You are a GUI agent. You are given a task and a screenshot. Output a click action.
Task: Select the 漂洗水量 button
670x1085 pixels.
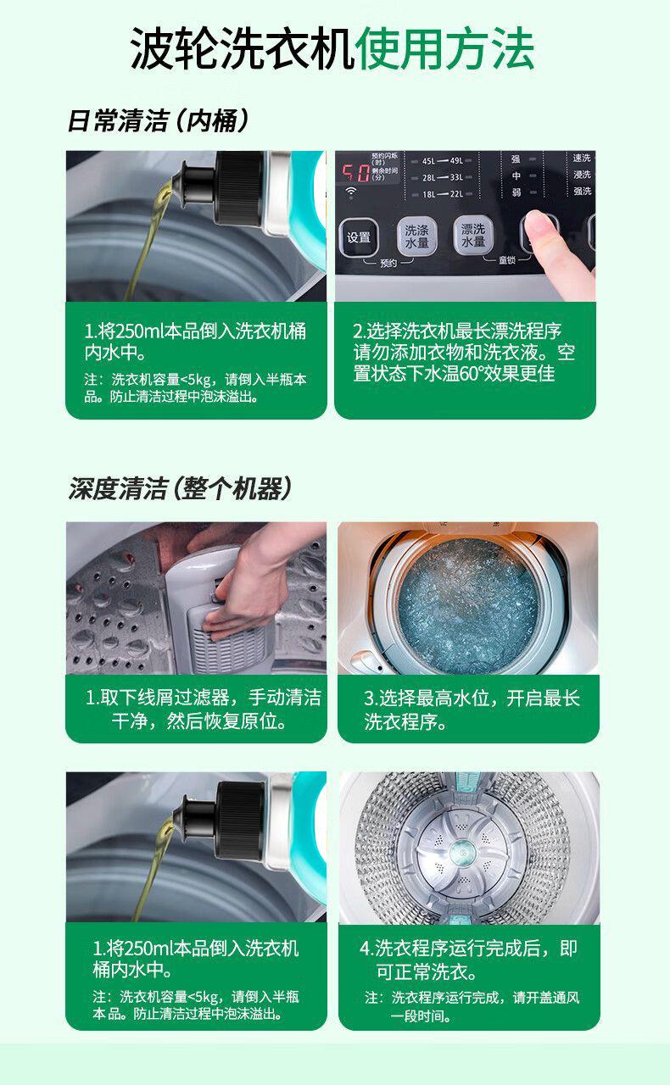[x=472, y=235]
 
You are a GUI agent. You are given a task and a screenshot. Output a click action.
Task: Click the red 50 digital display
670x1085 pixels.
[x=356, y=172]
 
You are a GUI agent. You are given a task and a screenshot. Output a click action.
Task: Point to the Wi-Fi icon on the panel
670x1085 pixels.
[x=351, y=192]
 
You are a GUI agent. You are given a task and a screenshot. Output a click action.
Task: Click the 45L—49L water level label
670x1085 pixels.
[x=442, y=160]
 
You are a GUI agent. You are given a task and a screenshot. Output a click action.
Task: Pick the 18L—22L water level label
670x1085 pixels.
[x=442, y=194]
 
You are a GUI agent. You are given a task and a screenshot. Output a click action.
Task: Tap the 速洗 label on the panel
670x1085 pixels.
[x=582, y=158]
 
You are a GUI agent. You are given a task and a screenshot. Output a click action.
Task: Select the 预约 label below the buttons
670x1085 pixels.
[x=388, y=263]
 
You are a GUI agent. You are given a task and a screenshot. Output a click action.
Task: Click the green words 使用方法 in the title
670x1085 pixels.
[x=444, y=48]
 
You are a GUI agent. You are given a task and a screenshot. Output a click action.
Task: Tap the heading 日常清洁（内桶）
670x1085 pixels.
[x=158, y=120]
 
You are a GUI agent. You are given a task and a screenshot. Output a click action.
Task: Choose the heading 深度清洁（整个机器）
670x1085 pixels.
[x=180, y=488]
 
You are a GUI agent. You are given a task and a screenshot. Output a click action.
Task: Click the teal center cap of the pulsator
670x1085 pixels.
[x=462, y=853]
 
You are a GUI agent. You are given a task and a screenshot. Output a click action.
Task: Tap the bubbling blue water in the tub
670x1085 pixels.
[x=468, y=605]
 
